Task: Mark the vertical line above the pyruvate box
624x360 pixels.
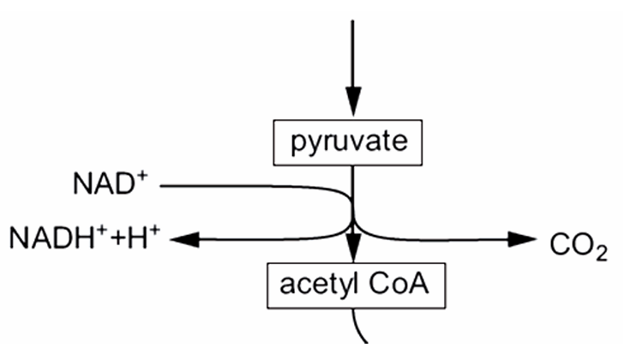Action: (351, 51)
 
